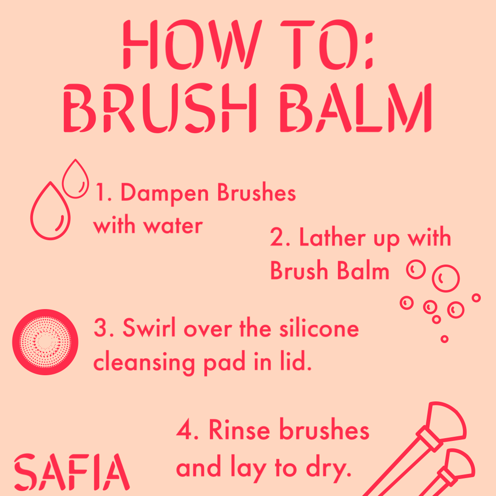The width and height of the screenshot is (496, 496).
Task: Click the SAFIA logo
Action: point(72,472)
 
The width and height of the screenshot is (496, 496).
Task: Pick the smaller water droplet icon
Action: point(75,180)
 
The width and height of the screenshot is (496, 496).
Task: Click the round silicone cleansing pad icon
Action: point(45,343)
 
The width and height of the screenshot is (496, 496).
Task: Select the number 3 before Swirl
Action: point(101,329)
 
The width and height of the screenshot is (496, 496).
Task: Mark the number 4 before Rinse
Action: point(185,431)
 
